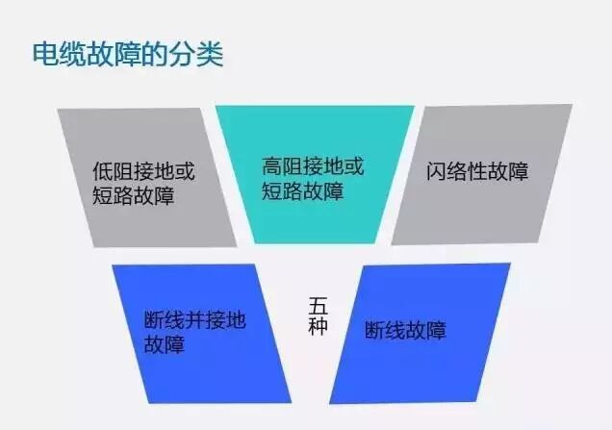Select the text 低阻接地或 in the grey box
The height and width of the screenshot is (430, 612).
coord(143,172)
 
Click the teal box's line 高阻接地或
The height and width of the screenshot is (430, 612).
coord(313,165)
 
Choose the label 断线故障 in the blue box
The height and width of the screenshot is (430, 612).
coord(405,331)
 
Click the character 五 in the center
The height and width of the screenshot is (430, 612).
coord(319,304)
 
